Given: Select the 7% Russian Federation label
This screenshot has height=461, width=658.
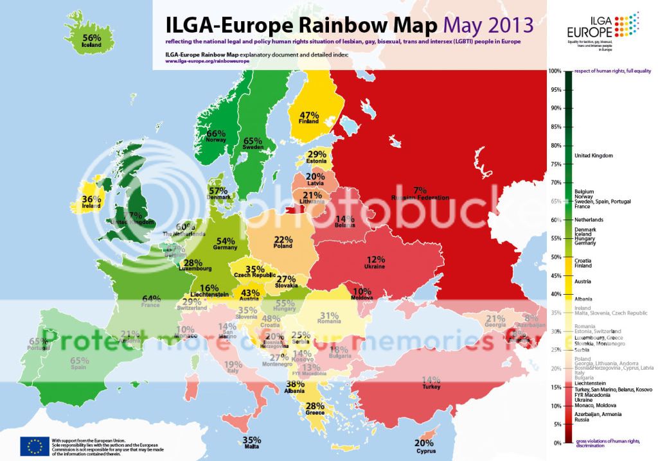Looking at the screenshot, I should [x=420, y=190].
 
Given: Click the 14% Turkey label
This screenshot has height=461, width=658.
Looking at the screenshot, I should [x=431, y=380].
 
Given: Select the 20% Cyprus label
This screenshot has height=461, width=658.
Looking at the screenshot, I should [x=424, y=443].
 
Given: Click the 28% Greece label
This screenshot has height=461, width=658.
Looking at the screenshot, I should [x=315, y=406].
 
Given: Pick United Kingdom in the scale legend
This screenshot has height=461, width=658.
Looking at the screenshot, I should [x=593, y=155].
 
